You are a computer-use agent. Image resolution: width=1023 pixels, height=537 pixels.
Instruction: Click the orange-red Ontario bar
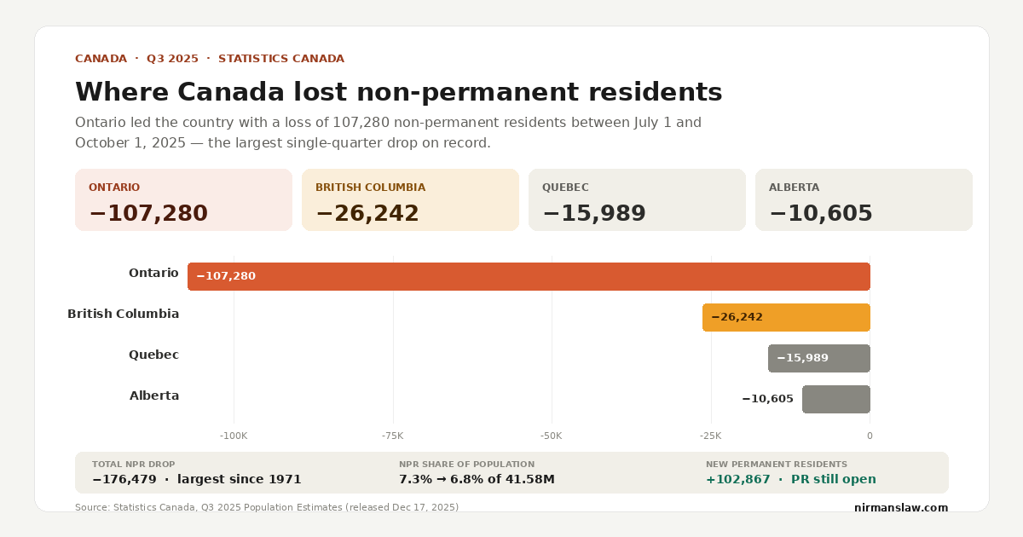point(529,276)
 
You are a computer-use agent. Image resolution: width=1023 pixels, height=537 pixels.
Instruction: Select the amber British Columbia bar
point(786,317)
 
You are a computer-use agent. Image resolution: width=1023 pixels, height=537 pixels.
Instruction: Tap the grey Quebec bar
point(818,358)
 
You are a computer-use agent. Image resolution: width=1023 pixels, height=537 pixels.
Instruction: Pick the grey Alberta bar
point(835,399)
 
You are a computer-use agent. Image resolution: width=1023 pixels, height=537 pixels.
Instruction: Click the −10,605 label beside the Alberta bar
point(767,399)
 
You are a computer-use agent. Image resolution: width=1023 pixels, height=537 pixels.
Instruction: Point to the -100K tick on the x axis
point(234,436)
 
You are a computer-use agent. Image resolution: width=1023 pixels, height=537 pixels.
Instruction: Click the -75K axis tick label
point(393,436)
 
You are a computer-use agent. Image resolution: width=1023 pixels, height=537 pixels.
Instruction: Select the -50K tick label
point(552,436)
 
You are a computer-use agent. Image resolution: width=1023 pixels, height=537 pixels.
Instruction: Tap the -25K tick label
point(710,436)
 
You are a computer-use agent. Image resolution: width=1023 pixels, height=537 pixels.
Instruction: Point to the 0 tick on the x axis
point(870,436)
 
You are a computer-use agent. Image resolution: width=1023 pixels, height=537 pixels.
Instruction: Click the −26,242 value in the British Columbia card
point(367,213)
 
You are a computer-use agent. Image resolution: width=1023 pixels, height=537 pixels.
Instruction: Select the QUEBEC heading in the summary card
point(565,188)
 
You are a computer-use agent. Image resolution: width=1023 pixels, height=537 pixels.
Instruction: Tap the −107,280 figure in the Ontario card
point(148,213)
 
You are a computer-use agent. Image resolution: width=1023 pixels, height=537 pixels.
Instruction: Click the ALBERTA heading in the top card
point(794,188)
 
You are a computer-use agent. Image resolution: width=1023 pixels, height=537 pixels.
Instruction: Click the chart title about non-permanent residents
point(398,92)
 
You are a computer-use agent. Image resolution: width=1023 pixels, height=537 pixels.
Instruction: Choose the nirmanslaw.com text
point(900,507)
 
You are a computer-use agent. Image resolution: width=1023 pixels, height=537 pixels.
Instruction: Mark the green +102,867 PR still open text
point(790,479)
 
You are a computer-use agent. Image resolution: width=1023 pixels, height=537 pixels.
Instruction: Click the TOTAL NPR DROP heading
point(133,465)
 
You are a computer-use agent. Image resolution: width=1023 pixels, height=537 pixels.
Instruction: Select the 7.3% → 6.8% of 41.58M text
point(477,479)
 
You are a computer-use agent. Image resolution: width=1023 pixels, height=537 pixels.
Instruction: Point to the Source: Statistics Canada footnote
point(266,507)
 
